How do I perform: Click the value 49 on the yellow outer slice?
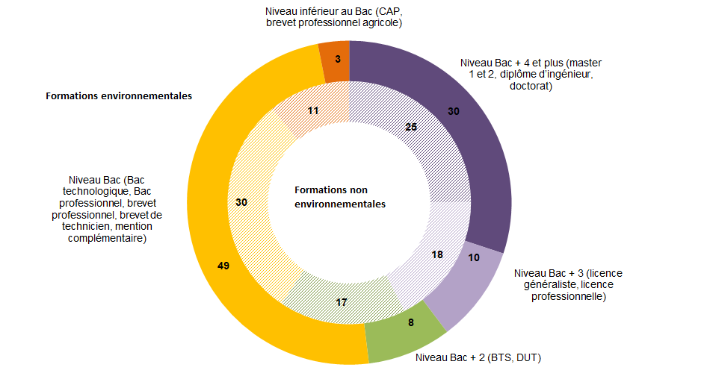click(223, 266)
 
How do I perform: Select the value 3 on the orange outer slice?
click(338, 57)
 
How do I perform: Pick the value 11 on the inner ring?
click(313, 110)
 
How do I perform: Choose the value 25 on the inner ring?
click(410, 127)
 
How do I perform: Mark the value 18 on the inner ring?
click(437, 254)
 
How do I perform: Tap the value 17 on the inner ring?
click(341, 302)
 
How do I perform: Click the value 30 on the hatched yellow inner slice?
click(241, 201)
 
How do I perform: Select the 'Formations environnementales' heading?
click(119, 96)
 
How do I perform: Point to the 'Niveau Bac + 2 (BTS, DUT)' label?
click(478, 358)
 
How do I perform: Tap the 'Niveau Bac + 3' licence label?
click(568, 285)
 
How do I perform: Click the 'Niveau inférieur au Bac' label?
click(334, 17)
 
